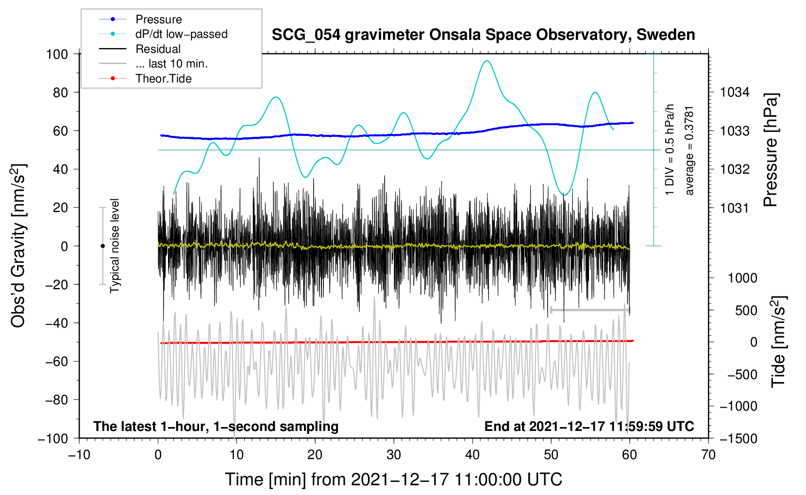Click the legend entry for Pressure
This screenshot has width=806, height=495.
coord(140,19)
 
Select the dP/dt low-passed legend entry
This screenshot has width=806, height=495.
coord(163,34)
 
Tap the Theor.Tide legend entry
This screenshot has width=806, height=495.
coord(145,79)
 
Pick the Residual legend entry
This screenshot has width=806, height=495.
coord(140,49)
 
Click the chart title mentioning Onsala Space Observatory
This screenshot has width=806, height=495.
coord(483,34)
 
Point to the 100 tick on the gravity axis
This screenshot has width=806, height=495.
coord(57,54)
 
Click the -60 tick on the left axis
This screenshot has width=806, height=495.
coord(57,361)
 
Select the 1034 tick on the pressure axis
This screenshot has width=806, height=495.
coord(735,93)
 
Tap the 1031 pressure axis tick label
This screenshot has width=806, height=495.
coord(735,208)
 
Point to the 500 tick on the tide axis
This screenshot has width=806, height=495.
coord(746,310)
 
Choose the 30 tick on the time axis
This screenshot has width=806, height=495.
coord(394,455)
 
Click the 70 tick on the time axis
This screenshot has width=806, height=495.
coord(708,455)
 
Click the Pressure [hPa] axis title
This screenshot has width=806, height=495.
coord(771,150)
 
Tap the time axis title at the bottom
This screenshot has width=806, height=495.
coord(394,479)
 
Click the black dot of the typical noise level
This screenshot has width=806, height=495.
coord(102,246)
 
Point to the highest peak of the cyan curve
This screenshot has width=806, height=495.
coord(487,61)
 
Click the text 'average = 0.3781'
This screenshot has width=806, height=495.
coord(689,151)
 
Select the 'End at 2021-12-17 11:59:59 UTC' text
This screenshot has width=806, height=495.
coord(589,426)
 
